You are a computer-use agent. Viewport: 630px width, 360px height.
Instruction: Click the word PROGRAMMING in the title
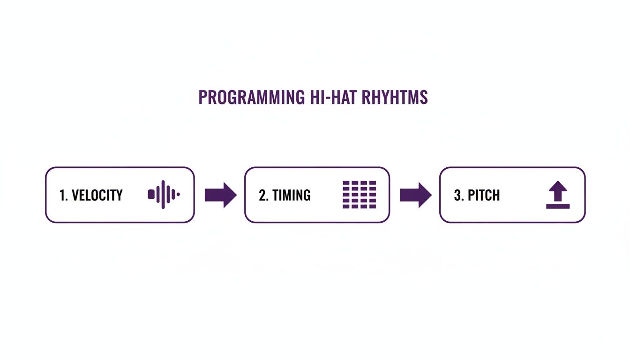click(x=252, y=97)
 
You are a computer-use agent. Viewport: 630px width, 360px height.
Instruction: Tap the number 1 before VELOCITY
click(x=62, y=195)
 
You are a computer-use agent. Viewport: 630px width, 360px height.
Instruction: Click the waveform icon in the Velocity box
click(x=164, y=195)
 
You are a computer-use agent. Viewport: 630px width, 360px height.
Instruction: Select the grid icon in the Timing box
click(x=360, y=195)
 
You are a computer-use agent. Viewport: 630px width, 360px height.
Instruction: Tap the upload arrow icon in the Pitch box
click(x=558, y=195)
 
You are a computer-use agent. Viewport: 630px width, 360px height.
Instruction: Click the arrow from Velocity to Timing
click(x=220, y=195)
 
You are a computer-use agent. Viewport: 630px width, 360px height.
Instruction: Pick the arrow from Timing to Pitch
click(x=415, y=195)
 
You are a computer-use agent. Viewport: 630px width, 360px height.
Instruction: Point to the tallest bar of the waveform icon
click(x=163, y=195)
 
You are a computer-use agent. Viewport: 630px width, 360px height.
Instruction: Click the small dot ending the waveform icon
click(x=178, y=194)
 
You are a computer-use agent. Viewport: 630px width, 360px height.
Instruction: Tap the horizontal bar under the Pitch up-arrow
click(x=558, y=206)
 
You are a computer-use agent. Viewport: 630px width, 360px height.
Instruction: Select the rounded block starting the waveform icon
click(x=151, y=194)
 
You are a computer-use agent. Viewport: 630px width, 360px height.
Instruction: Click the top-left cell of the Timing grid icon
click(x=346, y=183)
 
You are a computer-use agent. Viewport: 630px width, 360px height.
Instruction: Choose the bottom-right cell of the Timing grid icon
click(x=373, y=206)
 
